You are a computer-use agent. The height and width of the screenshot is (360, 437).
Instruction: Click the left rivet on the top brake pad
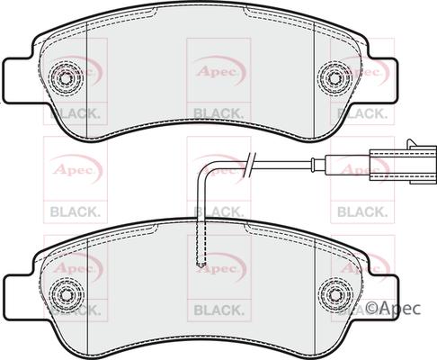64,79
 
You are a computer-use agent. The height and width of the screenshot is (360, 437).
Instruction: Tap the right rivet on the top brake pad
335,79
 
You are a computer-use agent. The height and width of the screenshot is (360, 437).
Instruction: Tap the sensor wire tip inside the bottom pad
201,264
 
